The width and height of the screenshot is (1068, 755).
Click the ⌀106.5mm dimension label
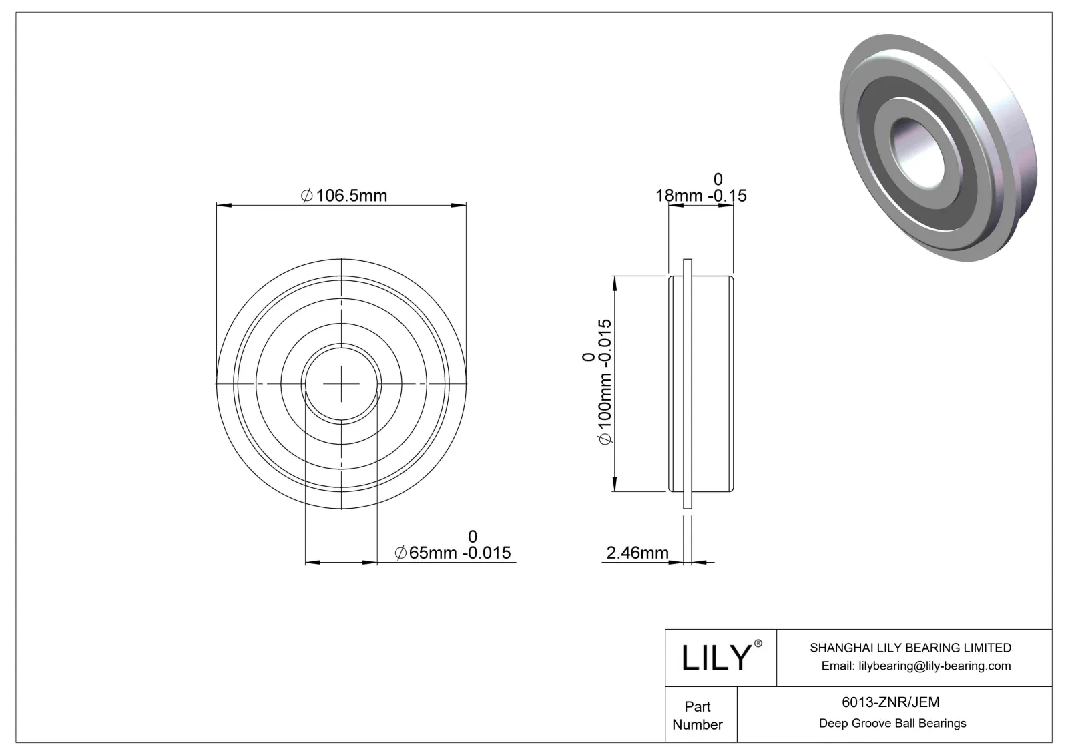(344, 196)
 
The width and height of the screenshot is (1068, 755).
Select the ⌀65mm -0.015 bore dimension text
(453, 553)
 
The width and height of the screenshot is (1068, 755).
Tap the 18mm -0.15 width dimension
(701, 196)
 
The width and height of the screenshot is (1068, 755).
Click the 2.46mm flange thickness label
(637, 553)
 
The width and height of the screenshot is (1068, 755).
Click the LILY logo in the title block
(716, 658)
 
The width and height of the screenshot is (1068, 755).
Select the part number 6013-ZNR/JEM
(890, 702)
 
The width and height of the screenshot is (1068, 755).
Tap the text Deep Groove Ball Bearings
(892, 723)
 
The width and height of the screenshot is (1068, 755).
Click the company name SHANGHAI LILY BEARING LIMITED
(910, 648)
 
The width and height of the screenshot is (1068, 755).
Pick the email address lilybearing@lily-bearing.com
(916, 666)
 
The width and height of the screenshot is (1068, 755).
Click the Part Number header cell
(698, 715)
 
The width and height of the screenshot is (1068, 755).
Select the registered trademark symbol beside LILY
(758, 643)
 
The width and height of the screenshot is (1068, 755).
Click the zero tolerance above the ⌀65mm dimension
(473, 536)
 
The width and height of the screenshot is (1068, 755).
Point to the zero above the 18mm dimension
(718, 179)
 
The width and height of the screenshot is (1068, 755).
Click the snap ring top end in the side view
(687, 262)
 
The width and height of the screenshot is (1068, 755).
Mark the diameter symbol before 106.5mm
(307, 196)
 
